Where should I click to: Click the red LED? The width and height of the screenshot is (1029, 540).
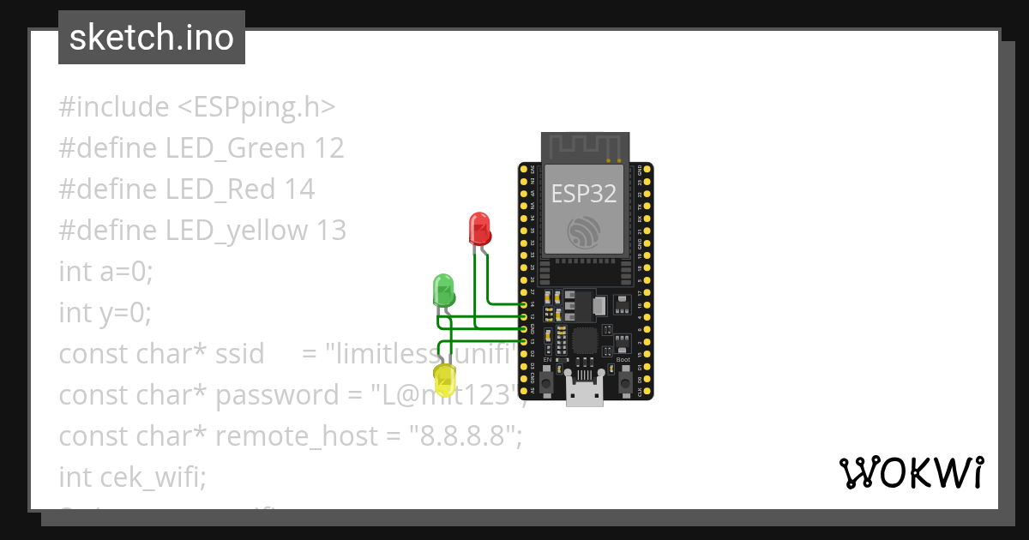[480, 229]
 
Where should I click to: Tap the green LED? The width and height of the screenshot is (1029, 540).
[443, 290]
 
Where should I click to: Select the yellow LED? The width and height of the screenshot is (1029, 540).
[445, 379]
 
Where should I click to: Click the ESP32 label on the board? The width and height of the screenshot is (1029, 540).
[583, 194]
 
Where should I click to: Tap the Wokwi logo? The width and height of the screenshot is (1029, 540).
[911, 472]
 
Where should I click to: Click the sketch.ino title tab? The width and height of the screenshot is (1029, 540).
[152, 38]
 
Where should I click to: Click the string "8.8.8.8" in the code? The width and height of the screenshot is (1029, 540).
[466, 436]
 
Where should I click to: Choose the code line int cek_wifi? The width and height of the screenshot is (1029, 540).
[133, 477]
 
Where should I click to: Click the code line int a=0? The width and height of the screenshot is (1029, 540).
[105, 271]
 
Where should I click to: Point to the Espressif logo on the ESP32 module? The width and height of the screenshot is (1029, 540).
[583, 231]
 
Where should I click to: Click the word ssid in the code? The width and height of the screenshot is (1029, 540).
[239, 354]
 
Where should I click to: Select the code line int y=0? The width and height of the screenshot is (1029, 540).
[105, 313]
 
